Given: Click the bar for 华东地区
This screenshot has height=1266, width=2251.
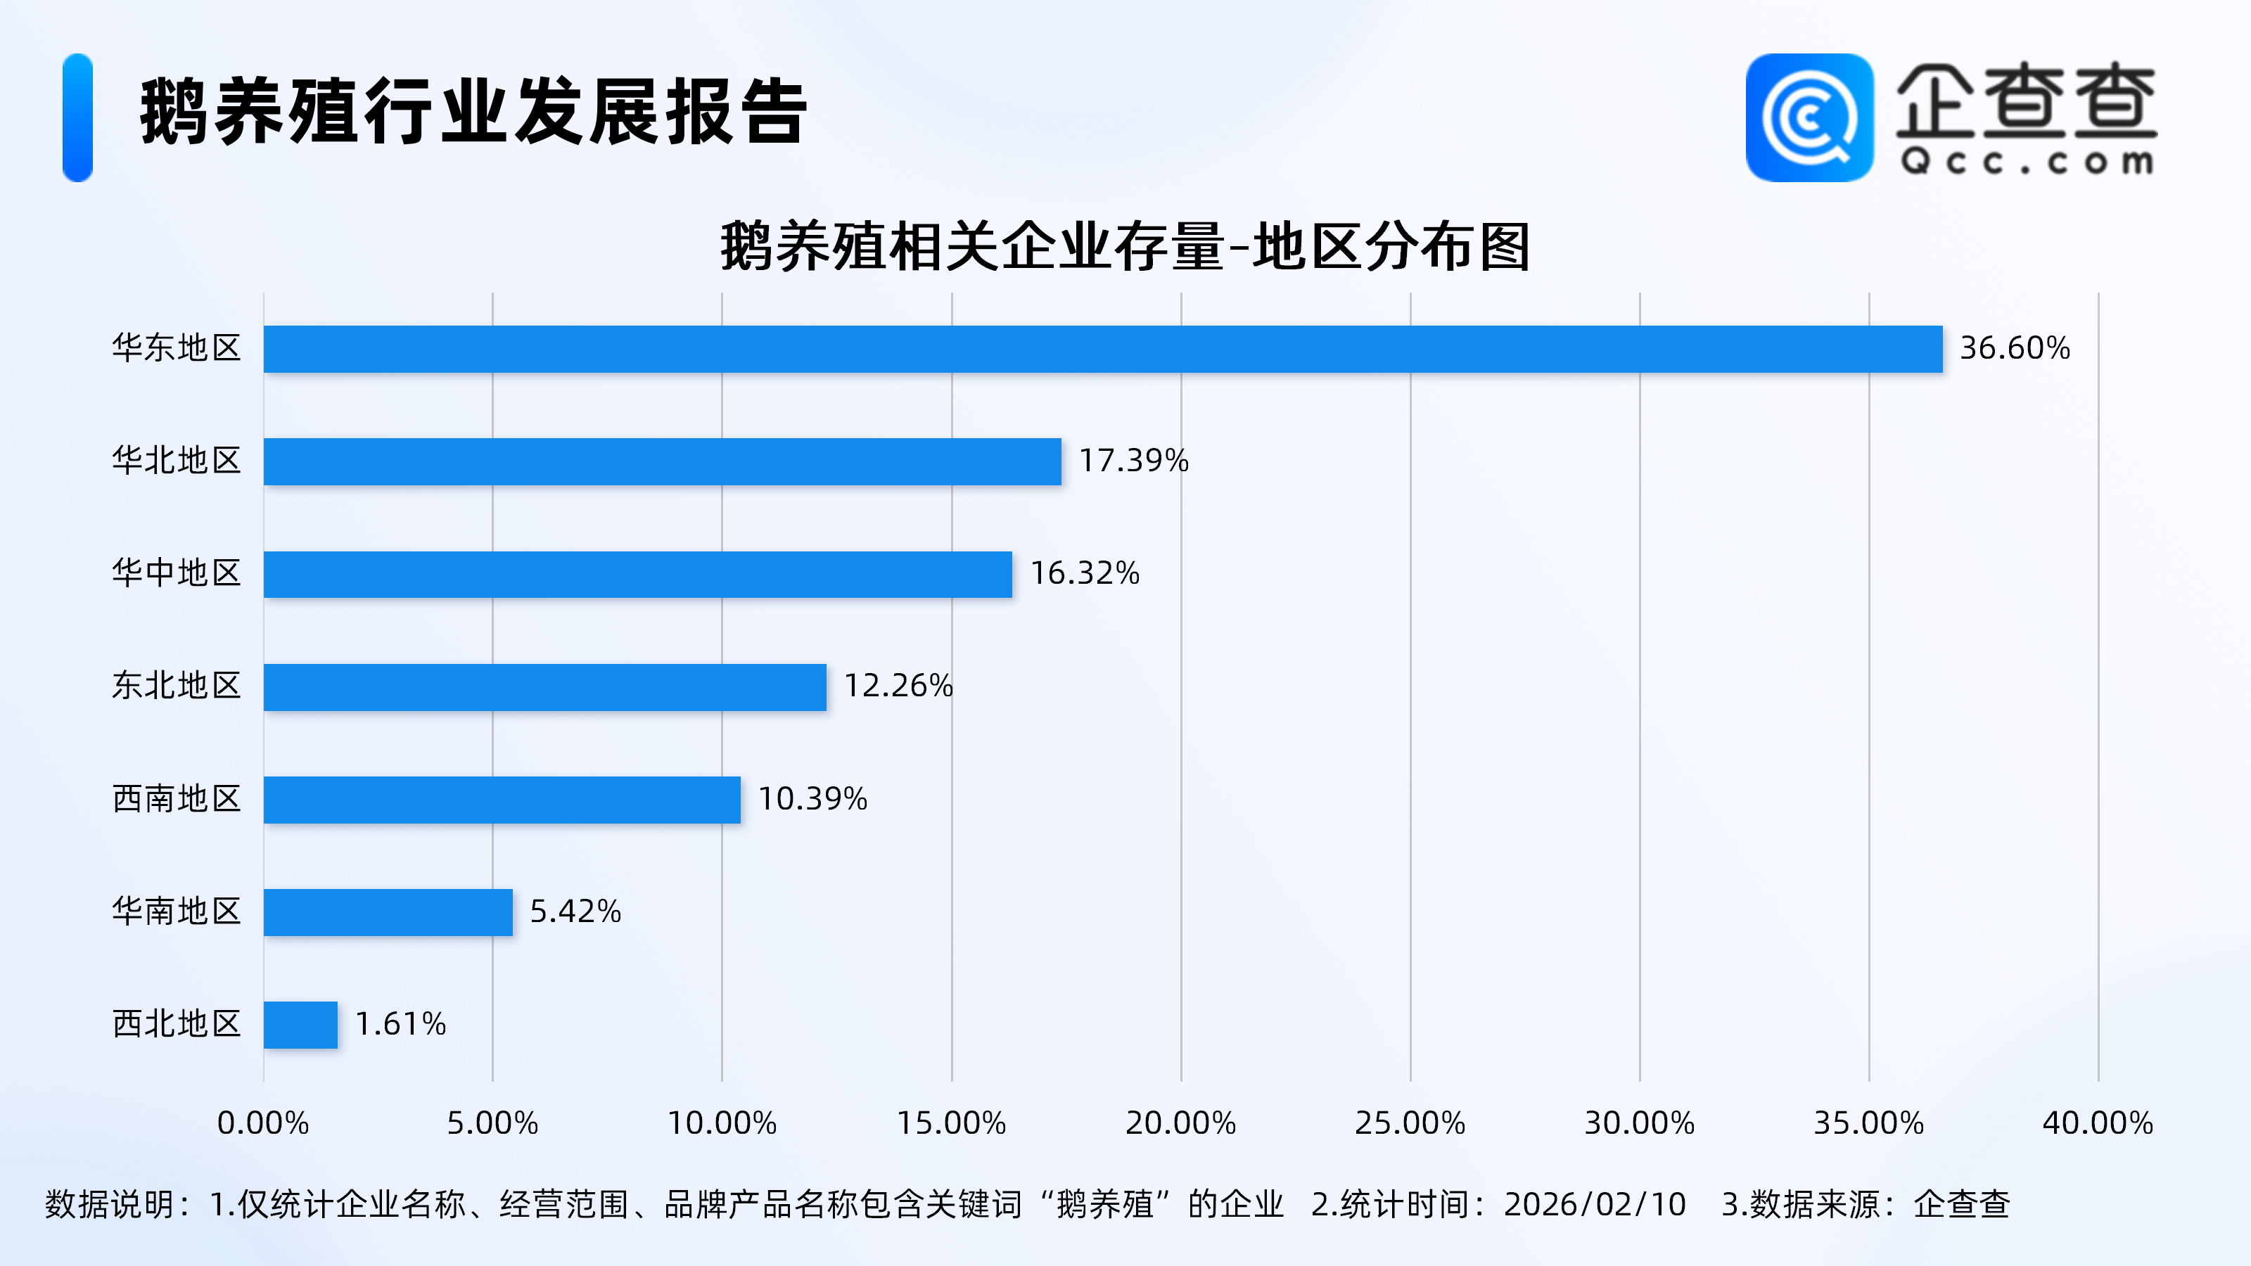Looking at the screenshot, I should pos(1103,350).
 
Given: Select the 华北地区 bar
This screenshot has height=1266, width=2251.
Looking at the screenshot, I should pos(663,461).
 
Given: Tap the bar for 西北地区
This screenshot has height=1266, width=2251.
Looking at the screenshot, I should pos(300,1025).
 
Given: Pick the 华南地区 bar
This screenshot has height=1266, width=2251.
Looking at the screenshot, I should pos(388,912).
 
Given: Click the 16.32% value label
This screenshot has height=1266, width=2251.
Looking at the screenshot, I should pos(1085,573).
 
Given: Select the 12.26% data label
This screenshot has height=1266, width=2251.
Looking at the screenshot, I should pos(898,686).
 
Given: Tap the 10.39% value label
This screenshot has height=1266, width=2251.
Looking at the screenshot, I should pos(812,798).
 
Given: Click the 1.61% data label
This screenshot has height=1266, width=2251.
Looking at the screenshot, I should pos(400,1024).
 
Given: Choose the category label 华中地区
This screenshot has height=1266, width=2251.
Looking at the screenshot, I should pos(177,573).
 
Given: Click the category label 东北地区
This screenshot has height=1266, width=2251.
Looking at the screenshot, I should pos(177,686).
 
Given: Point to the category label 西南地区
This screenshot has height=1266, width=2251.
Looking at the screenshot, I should pos(177,798).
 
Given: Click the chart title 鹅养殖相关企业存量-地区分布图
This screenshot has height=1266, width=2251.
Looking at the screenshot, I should pos(1125,248).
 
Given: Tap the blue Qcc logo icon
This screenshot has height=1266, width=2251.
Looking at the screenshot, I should pos(1809,118).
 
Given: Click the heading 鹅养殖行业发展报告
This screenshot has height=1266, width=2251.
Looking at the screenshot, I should pos(473,112).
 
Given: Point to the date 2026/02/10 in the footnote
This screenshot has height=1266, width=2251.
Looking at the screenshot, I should pos(1595,1205).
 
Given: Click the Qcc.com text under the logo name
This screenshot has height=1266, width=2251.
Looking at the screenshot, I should pos(2027,162).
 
